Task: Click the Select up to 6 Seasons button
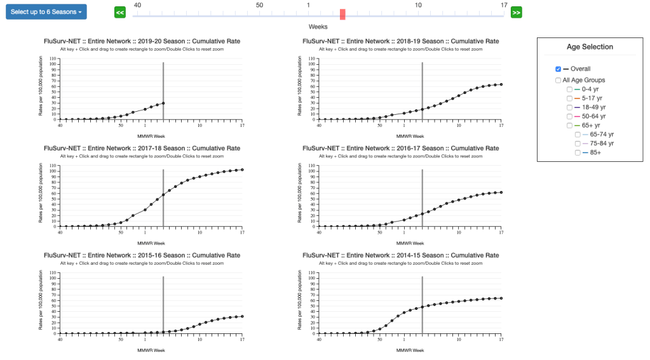click(x=46, y=12)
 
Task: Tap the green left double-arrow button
click(x=120, y=13)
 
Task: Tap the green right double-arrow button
click(x=517, y=13)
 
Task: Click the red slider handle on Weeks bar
click(x=342, y=15)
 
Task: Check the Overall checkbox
click(x=558, y=69)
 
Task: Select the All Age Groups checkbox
click(x=558, y=80)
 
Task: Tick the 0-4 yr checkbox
click(x=570, y=90)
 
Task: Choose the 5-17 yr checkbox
click(x=570, y=98)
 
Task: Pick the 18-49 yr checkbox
click(x=570, y=107)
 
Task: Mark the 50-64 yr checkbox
click(x=570, y=116)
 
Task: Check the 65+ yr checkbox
click(x=570, y=126)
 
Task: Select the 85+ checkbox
click(x=578, y=152)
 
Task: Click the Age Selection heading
click(x=590, y=47)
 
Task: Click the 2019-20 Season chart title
click(x=142, y=41)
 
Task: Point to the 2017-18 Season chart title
click(x=142, y=148)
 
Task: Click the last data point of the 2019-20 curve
click(x=163, y=103)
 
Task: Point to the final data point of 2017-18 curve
click(x=242, y=170)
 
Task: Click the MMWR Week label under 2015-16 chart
click(x=151, y=350)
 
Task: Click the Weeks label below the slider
click(x=318, y=27)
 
